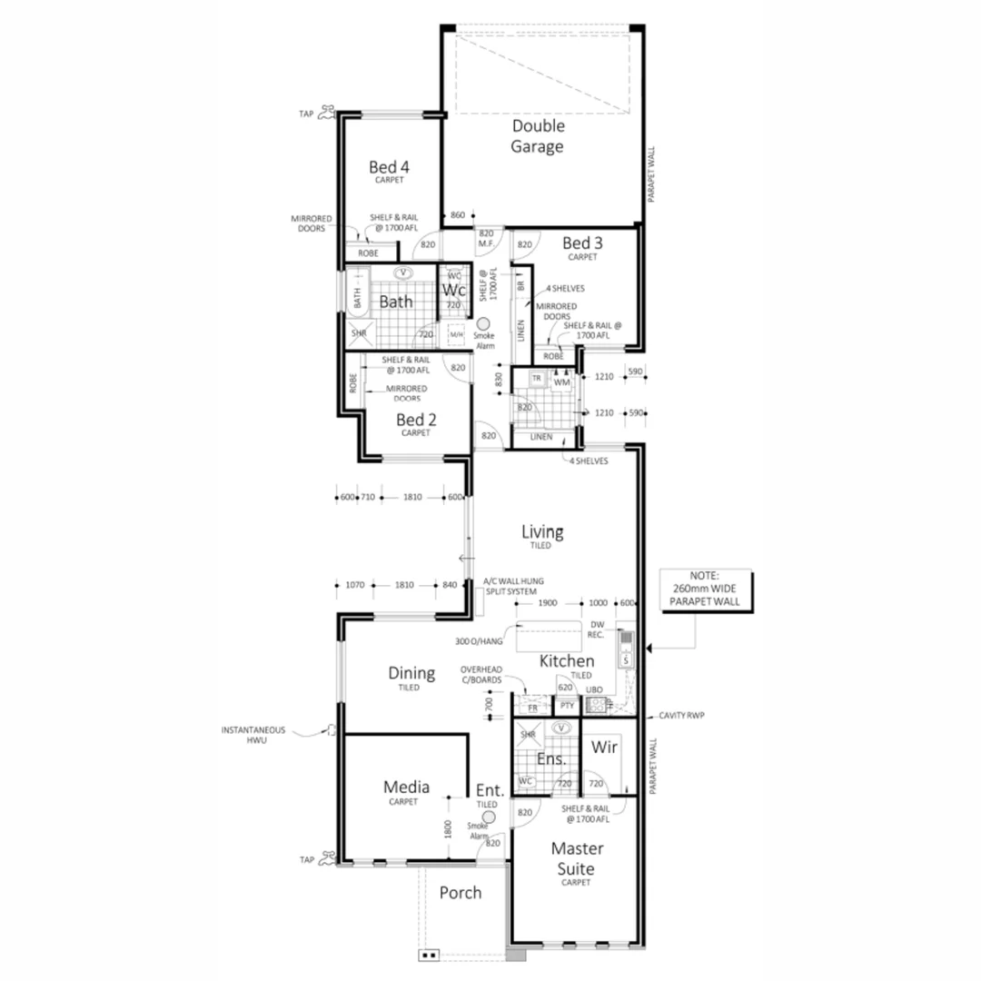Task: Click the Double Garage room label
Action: coord(537,136)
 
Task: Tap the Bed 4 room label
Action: coord(389,167)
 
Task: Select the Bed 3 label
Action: coord(582,243)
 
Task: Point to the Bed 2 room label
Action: coord(416,420)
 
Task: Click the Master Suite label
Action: coord(577,858)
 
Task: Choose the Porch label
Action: coord(461,893)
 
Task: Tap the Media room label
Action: coord(406,788)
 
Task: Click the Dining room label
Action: coord(411,673)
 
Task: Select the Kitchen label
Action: coord(567,661)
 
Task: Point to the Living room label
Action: coord(542,532)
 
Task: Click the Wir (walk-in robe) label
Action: coord(604,748)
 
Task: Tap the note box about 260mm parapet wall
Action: coord(703,589)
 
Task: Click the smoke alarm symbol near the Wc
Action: coord(483,323)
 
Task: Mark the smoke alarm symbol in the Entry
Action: coord(489,817)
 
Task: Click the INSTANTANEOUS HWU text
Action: coord(253,735)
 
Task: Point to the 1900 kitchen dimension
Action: coord(547,603)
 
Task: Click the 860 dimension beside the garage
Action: coord(457,215)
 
